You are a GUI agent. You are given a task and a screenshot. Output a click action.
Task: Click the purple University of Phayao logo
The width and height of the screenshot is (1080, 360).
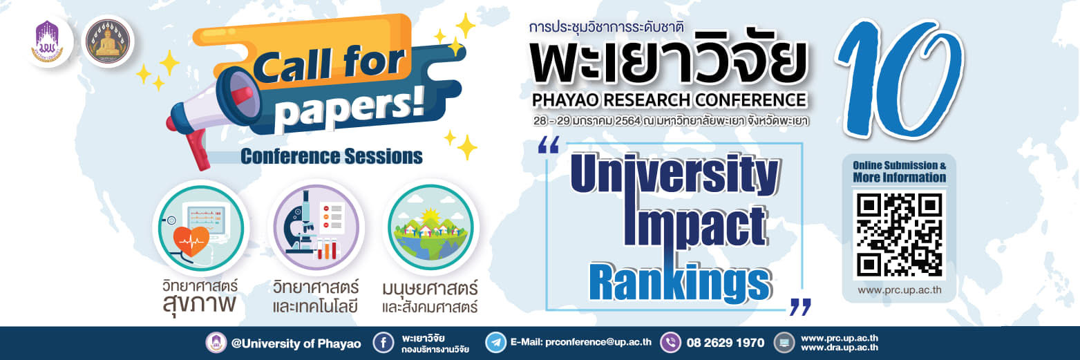point(47,42)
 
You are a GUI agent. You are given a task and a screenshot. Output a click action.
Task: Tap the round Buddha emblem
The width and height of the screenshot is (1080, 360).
point(108,41)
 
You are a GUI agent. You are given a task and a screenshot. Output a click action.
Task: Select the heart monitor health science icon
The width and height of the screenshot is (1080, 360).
point(200,227)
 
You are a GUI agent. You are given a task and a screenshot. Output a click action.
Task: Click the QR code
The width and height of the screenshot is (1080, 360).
point(899,234)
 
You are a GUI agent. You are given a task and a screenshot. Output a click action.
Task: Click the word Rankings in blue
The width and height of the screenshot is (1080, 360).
point(680,283)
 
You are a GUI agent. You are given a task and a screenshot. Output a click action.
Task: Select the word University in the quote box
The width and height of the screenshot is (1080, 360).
point(674,173)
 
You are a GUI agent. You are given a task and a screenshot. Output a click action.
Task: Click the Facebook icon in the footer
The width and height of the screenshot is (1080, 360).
point(383,343)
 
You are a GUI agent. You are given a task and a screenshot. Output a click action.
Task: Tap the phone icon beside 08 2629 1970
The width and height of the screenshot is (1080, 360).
point(670,343)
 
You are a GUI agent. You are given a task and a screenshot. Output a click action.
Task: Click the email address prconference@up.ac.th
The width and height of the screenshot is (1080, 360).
point(598,342)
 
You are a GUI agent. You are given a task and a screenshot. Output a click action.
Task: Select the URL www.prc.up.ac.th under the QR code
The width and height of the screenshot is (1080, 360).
point(899,290)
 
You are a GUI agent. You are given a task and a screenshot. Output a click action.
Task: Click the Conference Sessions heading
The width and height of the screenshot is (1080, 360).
point(332,157)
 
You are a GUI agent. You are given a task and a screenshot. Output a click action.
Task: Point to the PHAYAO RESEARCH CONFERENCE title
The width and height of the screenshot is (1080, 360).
point(670,100)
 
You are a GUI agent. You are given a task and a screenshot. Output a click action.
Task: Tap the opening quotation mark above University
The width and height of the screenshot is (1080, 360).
point(549,145)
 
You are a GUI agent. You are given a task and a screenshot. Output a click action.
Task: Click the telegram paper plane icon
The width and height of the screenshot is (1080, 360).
point(495,343)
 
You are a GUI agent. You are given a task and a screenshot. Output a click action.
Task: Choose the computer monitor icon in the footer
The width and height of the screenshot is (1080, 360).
point(784,343)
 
